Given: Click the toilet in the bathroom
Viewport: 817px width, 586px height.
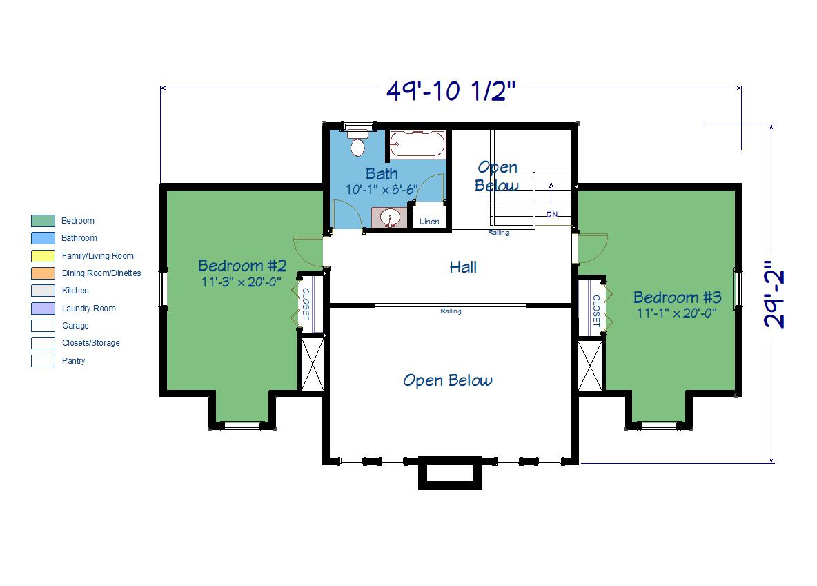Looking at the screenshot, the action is pyautogui.click(x=357, y=143).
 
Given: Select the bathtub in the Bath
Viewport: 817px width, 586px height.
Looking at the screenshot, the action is pyautogui.click(x=417, y=144).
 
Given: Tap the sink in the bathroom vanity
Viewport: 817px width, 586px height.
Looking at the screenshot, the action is pyautogui.click(x=389, y=217).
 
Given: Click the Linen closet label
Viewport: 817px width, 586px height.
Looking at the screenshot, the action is pyautogui.click(x=429, y=222).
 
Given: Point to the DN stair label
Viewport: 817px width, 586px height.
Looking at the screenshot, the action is pyautogui.click(x=552, y=214).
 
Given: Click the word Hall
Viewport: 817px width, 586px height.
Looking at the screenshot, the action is pyautogui.click(x=463, y=267).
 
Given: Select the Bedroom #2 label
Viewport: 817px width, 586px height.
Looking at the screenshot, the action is pyautogui.click(x=242, y=266).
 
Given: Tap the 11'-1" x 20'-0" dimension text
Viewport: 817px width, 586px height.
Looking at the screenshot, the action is pyautogui.click(x=677, y=313).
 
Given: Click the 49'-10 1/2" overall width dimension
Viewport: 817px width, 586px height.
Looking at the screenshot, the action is pyautogui.click(x=451, y=90).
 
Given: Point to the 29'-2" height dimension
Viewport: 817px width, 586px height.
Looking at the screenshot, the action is pyautogui.click(x=774, y=295).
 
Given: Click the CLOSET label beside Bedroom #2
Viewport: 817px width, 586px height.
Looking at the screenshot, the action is pyautogui.click(x=306, y=304).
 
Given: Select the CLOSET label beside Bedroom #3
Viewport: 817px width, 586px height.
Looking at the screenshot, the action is pyautogui.click(x=596, y=311).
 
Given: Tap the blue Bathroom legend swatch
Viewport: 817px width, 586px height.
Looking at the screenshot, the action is pyautogui.click(x=43, y=238).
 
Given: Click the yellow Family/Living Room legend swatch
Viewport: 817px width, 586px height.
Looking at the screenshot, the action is pyautogui.click(x=43, y=256).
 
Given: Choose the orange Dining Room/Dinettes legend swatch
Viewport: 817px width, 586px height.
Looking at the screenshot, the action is pyautogui.click(x=43, y=273).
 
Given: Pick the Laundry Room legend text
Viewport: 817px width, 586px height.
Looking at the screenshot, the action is pyautogui.click(x=88, y=309).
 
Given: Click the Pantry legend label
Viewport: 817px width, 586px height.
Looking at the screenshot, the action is pyautogui.click(x=73, y=361).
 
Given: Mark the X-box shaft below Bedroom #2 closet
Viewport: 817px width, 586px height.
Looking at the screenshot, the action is pyautogui.click(x=313, y=363).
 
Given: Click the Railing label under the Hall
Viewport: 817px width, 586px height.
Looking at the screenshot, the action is pyautogui.click(x=451, y=311).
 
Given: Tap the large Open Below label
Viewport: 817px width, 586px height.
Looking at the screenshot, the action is pyautogui.click(x=448, y=380).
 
